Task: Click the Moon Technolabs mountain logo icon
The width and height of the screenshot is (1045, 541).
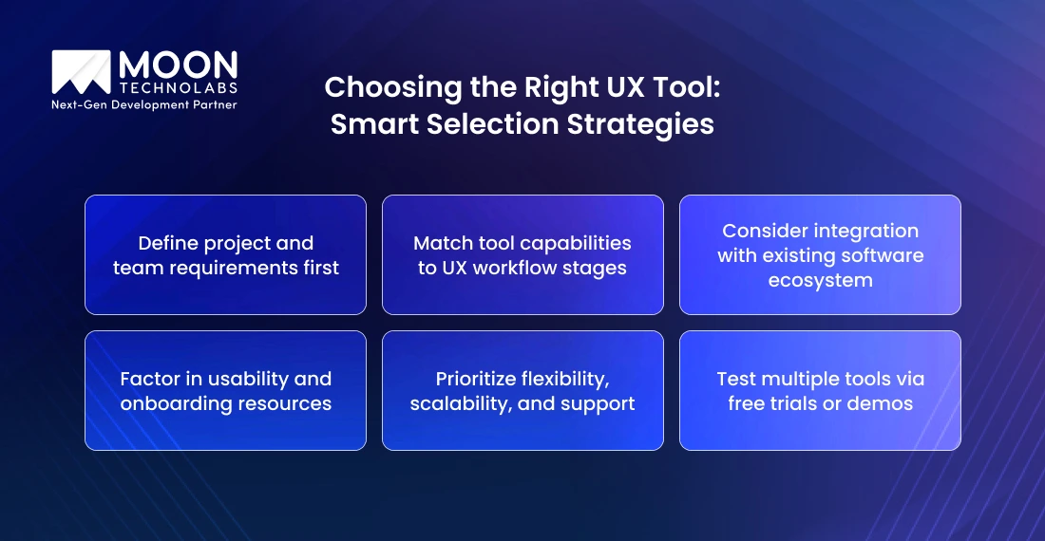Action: [81, 72]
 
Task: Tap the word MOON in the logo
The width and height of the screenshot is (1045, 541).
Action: [177, 65]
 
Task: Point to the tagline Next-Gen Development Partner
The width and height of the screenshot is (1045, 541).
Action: [143, 104]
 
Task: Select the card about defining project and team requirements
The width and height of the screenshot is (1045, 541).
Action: [225, 254]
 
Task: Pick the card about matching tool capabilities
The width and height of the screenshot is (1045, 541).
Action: [522, 254]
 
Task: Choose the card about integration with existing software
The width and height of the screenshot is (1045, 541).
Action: [820, 254]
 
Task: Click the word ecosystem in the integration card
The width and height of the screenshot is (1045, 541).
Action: [820, 280]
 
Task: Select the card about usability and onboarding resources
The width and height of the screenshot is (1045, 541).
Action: [225, 390]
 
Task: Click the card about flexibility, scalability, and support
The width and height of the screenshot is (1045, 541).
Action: [522, 390]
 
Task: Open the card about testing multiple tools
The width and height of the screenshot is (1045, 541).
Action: [820, 390]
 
